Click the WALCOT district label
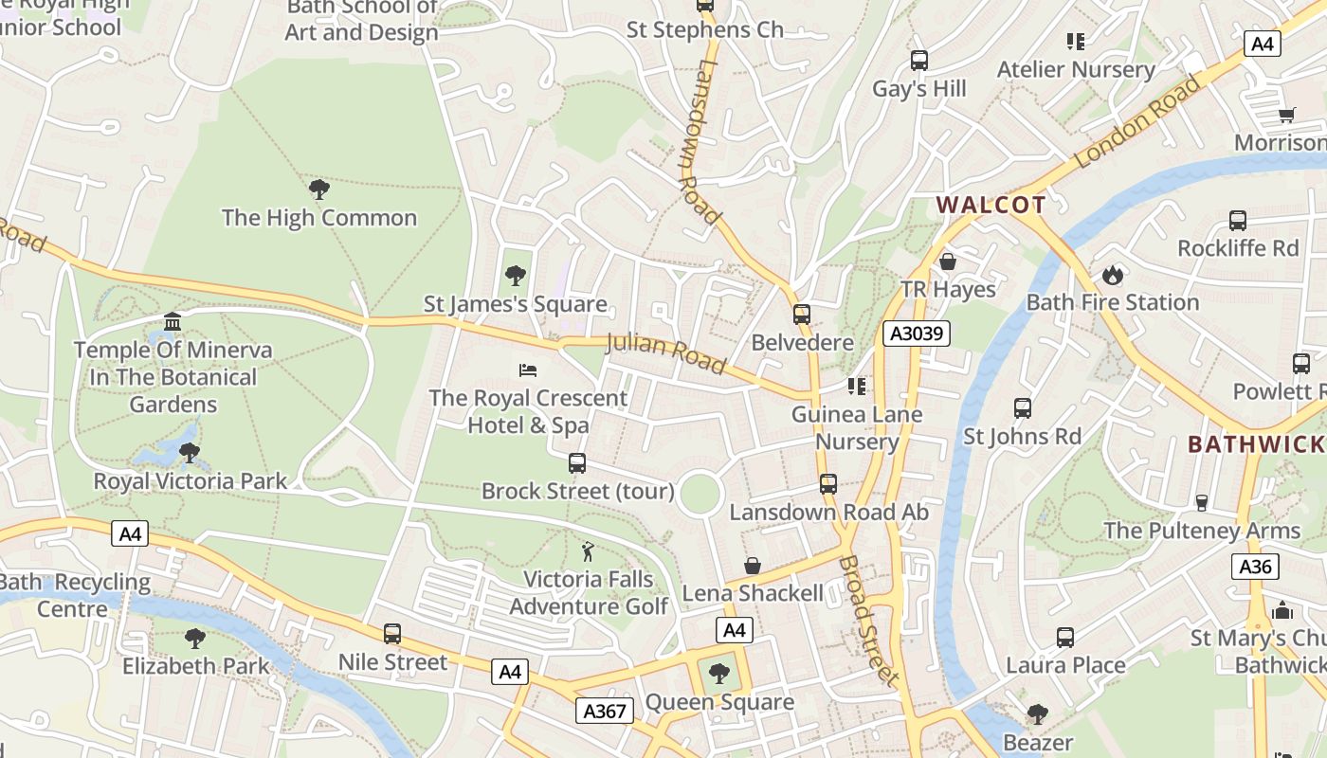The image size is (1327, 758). pos(991,205)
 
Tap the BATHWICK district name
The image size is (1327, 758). pos(1256,444)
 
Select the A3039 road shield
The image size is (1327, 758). pos(916,334)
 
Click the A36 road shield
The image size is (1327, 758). pos(1255,567)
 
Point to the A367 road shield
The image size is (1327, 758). pos(605,711)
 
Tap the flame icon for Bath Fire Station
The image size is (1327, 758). pos(1112,276)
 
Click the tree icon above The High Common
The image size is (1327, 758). pos(319,189)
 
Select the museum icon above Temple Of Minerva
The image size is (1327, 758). pos(173,322)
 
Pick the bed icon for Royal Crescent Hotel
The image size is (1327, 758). pos(528,370)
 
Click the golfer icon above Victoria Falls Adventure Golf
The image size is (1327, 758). pos(588,550)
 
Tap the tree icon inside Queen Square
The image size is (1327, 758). pos(719,674)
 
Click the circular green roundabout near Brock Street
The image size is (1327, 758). pos(700,495)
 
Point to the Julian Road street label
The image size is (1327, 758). pos(665,352)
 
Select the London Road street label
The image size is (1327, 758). pos(1138,121)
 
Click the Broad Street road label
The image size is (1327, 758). pos(867,620)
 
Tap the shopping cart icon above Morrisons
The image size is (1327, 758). pos(1286,115)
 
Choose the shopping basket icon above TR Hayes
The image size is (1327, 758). pos(947,262)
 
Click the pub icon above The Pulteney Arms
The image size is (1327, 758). pos(1202,502)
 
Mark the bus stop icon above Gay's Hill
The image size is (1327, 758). pos(918,61)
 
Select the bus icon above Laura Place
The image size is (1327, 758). pos(1065,638)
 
